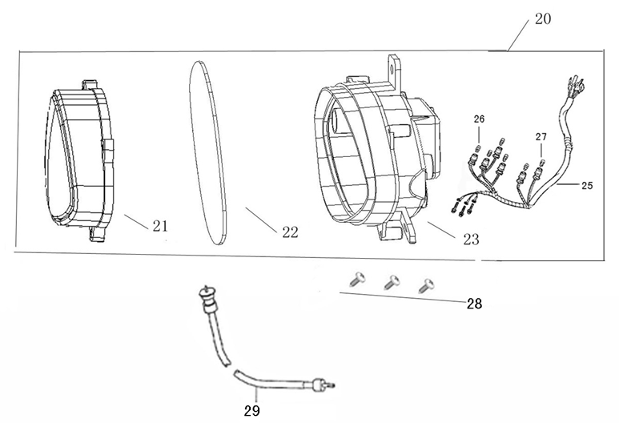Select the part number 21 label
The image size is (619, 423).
pyautogui.click(x=160, y=226)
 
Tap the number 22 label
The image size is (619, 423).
pyautogui.click(x=290, y=232)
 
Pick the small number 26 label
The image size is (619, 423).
pyautogui.click(x=479, y=119)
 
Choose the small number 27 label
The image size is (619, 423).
pyautogui.click(x=542, y=135)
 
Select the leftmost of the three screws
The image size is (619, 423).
pyautogui.click(x=356, y=278)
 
